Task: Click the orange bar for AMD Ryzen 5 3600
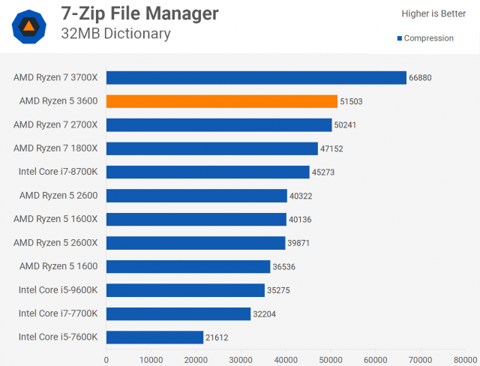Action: click(x=222, y=101)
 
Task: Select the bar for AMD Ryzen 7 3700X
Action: click(x=256, y=77)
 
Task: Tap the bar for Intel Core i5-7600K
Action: click(x=154, y=337)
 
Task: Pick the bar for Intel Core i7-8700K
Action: click(x=208, y=172)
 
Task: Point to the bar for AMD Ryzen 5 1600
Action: click(x=188, y=267)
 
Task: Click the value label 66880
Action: click(x=421, y=77)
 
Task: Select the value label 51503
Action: click(x=352, y=101)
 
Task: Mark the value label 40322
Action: click(x=302, y=196)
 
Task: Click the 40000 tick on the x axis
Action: click(x=286, y=359)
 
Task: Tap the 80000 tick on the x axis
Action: click(x=465, y=359)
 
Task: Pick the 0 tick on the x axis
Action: click(x=106, y=359)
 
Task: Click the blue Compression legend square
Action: click(x=399, y=39)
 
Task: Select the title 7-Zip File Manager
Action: click(x=140, y=14)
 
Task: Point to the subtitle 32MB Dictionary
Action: click(x=116, y=34)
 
